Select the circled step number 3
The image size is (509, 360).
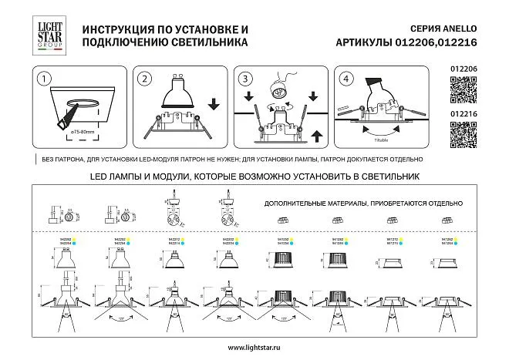click(245, 79)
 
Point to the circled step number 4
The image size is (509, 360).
click(345, 79)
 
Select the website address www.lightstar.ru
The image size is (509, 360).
click(254, 347)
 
